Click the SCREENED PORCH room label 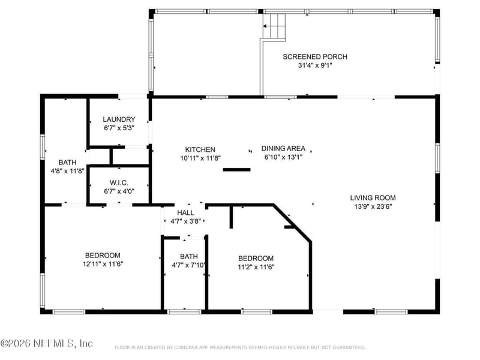click(315, 57)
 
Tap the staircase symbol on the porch click(275, 26)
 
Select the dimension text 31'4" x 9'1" click(315, 66)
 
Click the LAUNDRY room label click(119, 119)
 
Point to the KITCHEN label click(200, 149)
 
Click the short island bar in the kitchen click(236, 170)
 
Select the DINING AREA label click(283, 148)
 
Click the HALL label click(185, 212)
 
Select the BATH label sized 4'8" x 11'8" click(67, 162)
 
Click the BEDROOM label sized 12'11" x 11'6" click(102, 255)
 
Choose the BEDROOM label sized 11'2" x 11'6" click(256, 258)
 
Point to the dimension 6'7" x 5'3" click(119, 128)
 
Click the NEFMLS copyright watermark click(47, 344)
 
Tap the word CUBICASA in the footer click(188, 347)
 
